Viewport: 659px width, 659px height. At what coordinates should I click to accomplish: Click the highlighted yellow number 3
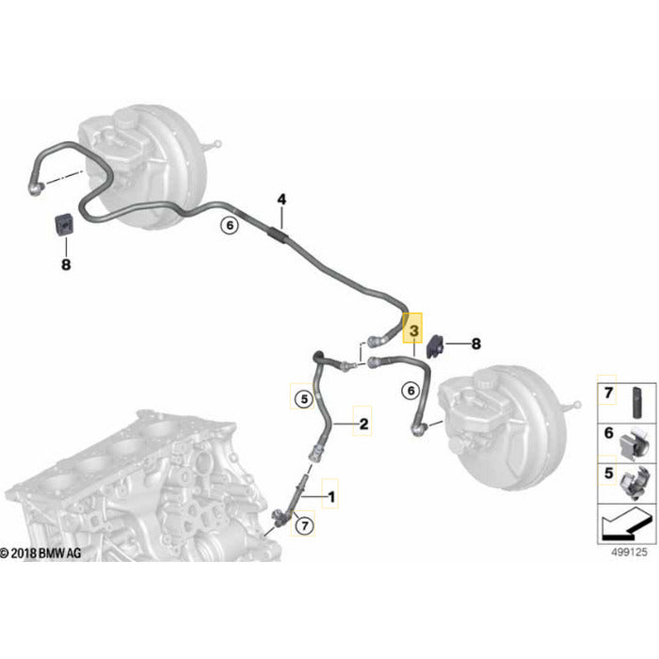[412, 329]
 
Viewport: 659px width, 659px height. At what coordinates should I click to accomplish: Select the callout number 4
[281, 200]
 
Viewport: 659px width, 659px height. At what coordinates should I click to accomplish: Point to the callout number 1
[330, 492]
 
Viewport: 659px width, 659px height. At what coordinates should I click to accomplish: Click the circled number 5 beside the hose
[303, 399]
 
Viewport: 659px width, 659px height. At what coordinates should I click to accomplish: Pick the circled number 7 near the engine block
[304, 526]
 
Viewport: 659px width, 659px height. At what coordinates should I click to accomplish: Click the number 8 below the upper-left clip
[66, 265]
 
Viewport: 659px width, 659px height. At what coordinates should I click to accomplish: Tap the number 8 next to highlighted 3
[475, 344]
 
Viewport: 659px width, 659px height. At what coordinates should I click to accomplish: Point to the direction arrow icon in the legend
[623, 522]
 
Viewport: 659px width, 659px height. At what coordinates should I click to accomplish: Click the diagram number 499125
[626, 553]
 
